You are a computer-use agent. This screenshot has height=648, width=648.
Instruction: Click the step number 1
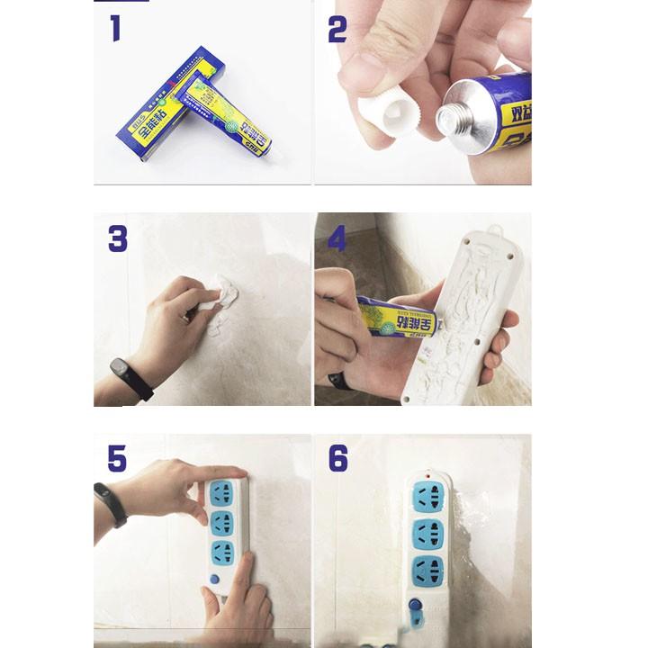(115, 29)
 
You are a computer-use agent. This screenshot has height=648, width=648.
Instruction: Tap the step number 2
(337, 30)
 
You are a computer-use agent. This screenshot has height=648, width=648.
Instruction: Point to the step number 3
(118, 238)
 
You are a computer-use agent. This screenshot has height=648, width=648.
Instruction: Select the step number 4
(337, 238)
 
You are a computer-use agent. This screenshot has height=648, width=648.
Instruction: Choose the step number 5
(117, 458)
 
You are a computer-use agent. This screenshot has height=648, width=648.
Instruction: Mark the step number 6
(337, 458)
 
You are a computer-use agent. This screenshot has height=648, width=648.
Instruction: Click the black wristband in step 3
(130, 378)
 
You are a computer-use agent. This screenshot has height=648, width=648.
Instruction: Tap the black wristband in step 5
(110, 504)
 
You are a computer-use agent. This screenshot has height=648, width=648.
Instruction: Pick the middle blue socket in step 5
(222, 523)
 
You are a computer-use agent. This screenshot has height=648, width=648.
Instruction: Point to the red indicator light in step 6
(427, 476)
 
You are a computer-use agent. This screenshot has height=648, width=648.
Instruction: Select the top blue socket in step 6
(427, 498)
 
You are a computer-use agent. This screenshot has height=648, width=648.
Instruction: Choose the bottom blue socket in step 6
(427, 571)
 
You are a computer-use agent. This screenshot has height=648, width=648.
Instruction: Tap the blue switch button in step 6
(416, 607)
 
